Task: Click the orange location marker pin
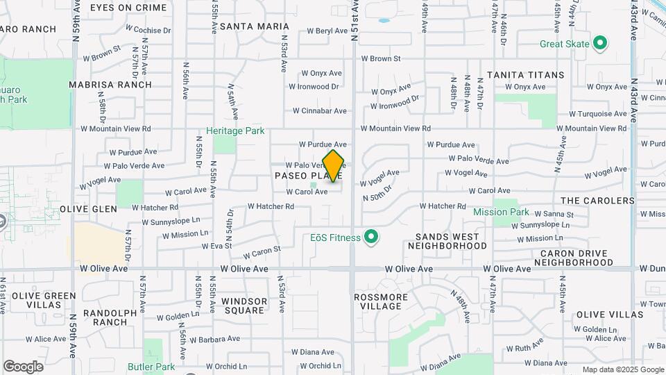334,166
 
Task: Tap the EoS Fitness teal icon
371,238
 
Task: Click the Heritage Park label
235,131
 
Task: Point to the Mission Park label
501,212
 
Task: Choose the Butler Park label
151,367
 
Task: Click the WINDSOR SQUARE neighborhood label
244,306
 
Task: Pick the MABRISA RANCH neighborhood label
110,85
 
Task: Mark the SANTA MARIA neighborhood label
249,26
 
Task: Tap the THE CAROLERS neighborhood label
597,201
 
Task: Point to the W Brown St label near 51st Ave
385,59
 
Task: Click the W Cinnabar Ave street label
319,111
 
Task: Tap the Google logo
22,367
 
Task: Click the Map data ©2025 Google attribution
623,369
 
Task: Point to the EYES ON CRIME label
128,8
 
